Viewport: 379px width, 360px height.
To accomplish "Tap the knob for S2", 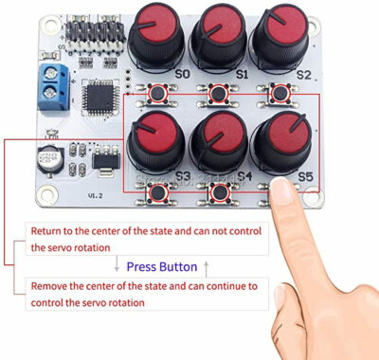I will click(277, 34).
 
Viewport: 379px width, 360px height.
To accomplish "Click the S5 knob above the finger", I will click(279, 142).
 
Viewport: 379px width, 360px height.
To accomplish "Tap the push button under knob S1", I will click(219, 94).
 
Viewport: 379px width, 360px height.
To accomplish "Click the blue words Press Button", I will click(161, 267).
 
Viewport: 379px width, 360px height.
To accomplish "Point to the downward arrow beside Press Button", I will click(116, 267).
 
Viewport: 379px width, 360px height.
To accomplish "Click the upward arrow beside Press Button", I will click(208, 267).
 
